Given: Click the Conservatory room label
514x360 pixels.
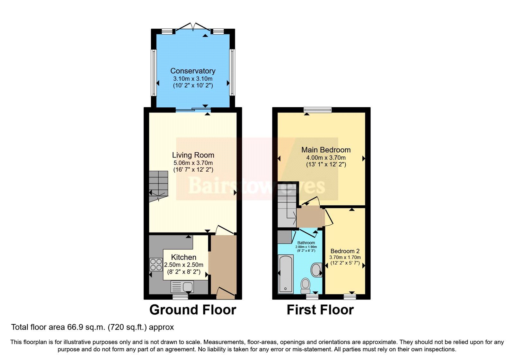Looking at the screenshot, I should click(x=193, y=71).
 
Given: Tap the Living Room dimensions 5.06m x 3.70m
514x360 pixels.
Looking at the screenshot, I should click(x=193, y=163).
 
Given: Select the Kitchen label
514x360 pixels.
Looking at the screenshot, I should click(x=183, y=257).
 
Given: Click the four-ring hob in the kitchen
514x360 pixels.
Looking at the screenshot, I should click(x=156, y=265).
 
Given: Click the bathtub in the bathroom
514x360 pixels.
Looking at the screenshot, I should click(x=286, y=274).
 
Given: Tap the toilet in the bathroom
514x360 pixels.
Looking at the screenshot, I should click(x=306, y=285).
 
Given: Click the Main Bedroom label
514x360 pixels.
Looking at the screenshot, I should click(x=326, y=150).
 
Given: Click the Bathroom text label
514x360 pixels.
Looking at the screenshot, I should click(x=306, y=243).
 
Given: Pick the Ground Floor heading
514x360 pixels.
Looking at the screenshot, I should click(x=193, y=310).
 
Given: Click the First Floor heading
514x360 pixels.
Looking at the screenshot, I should click(x=320, y=310).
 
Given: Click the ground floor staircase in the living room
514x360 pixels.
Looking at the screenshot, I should click(x=158, y=185).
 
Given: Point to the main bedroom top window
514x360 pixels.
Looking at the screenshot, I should click(x=318, y=110).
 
